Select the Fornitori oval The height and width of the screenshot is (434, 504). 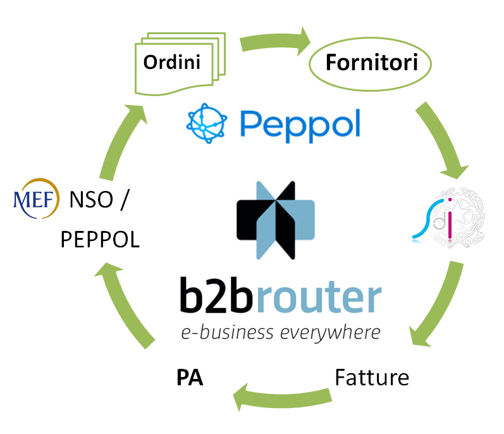369,64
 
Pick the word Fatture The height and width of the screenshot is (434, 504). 372,378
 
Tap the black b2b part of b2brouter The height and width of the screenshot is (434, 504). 219,298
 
